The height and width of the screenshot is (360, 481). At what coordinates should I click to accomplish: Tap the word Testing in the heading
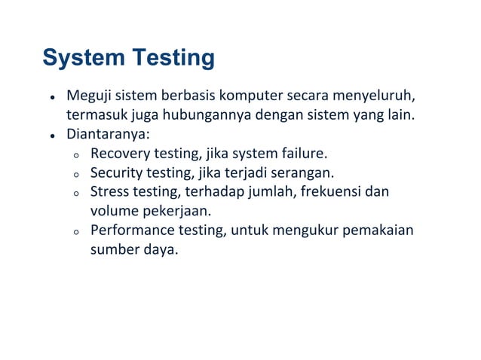pyautogui.click(x=173, y=57)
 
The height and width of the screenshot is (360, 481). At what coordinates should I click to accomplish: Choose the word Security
pyautogui.click(x=117, y=173)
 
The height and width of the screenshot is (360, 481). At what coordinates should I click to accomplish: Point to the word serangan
pyautogui.click(x=302, y=173)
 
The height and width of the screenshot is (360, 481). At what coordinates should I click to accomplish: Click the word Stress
pyautogui.click(x=109, y=192)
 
